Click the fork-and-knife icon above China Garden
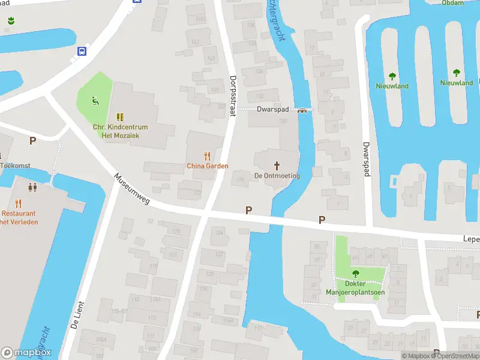point(208,155)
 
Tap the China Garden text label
point(208,166)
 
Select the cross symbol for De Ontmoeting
point(277,165)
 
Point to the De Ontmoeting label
point(277,175)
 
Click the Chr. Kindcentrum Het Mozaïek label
point(120,131)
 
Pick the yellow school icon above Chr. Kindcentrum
point(120,117)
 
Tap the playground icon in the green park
point(95,100)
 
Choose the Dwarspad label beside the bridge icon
point(273,110)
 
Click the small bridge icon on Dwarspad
point(302,110)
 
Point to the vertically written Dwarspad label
point(365,158)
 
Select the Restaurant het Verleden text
point(19,217)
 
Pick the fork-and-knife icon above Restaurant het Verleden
point(19,203)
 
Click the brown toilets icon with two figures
point(32,187)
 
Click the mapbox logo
point(26,353)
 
